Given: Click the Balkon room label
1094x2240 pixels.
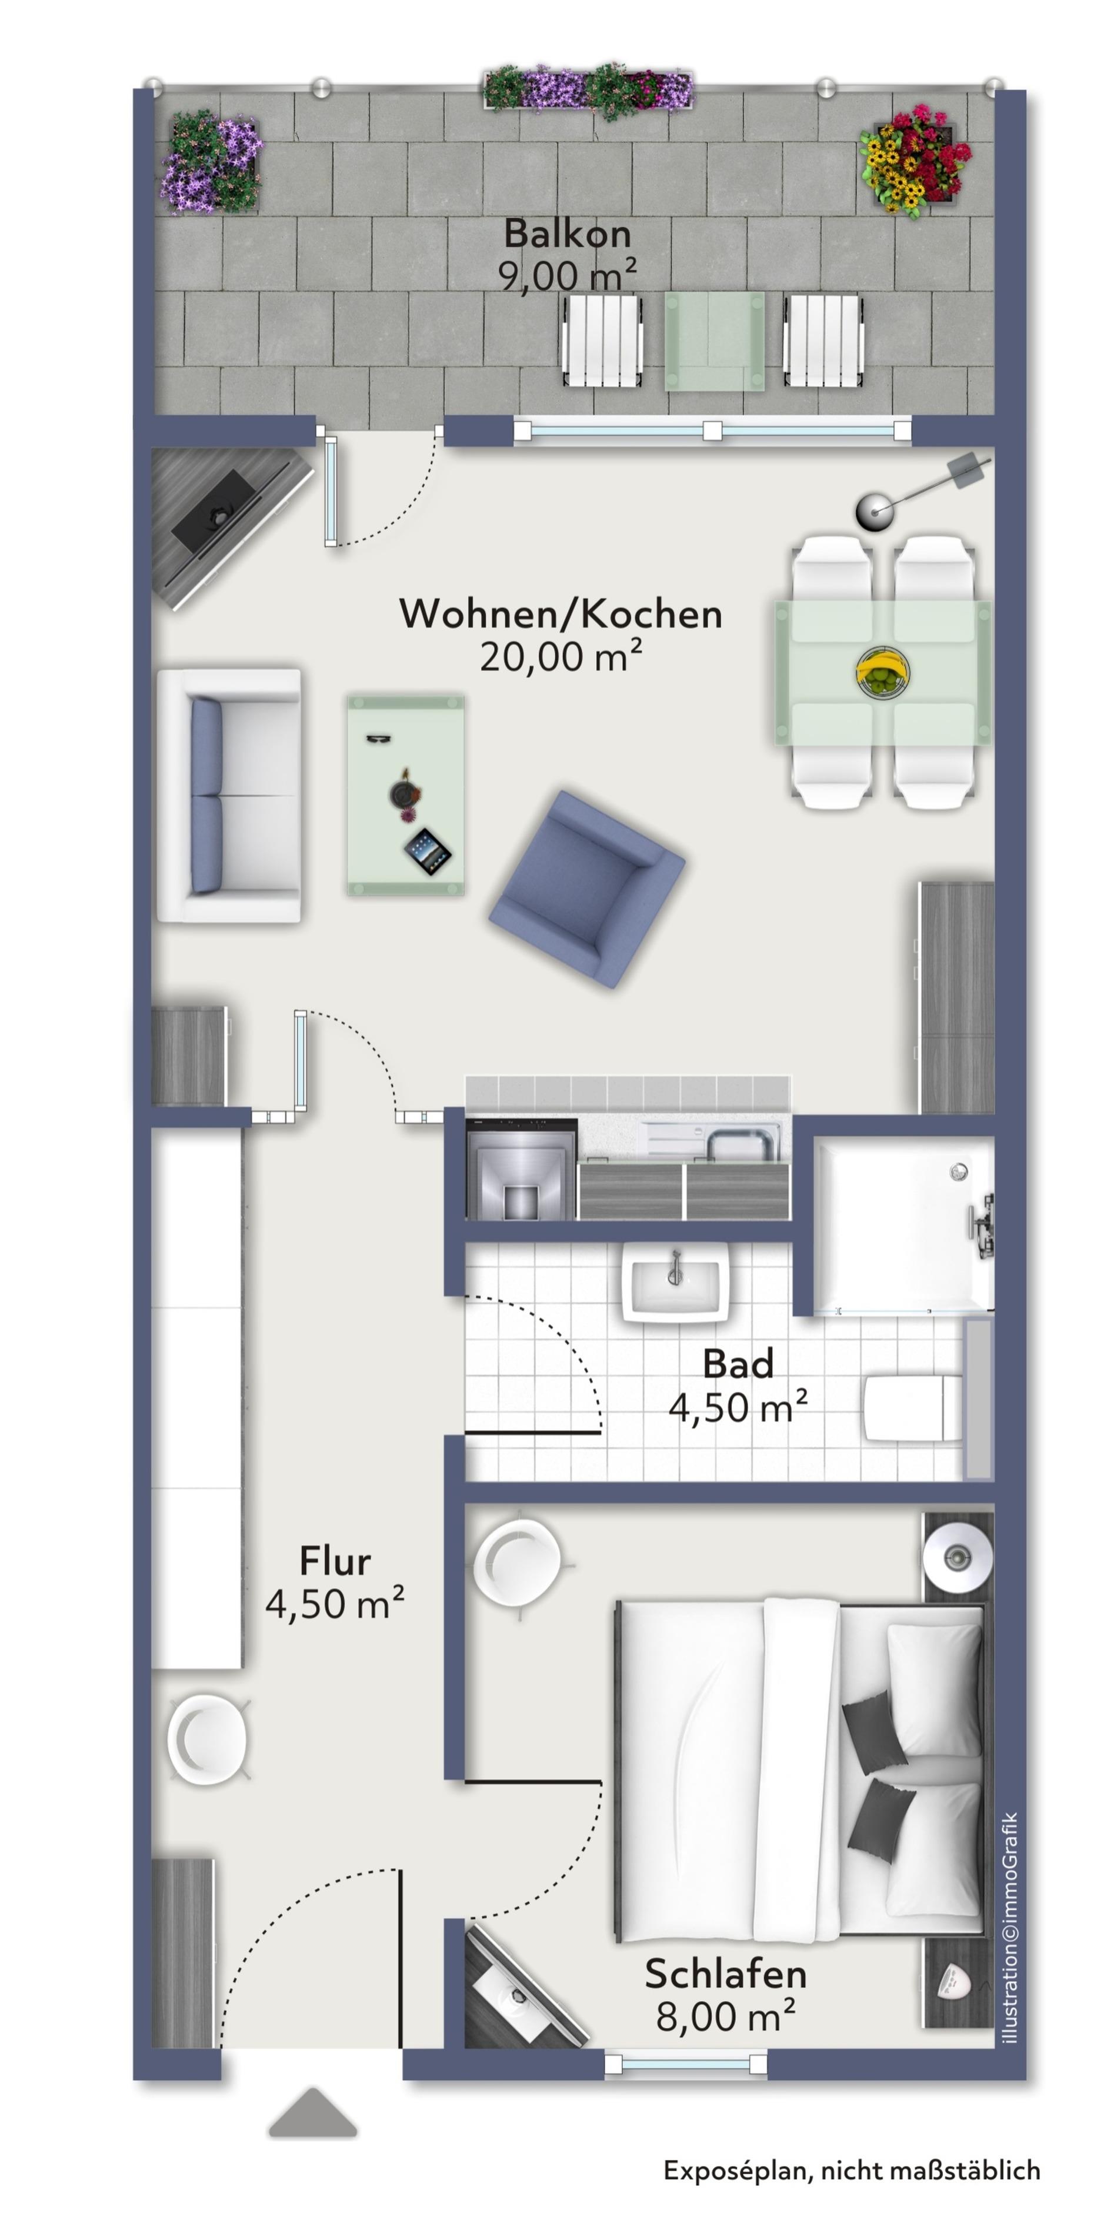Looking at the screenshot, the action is click(x=567, y=233).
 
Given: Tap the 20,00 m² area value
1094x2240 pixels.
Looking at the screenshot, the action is click(x=561, y=656).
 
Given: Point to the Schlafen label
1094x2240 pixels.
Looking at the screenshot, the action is click(x=725, y=1974).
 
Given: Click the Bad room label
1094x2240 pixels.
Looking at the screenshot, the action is click(x=738, y=1364).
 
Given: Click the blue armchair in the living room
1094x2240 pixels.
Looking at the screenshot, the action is click(x=587, y=889).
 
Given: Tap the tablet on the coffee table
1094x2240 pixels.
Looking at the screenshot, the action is click(x=428, y=852).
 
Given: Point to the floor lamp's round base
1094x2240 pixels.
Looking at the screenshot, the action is click(x=875, y=511).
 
